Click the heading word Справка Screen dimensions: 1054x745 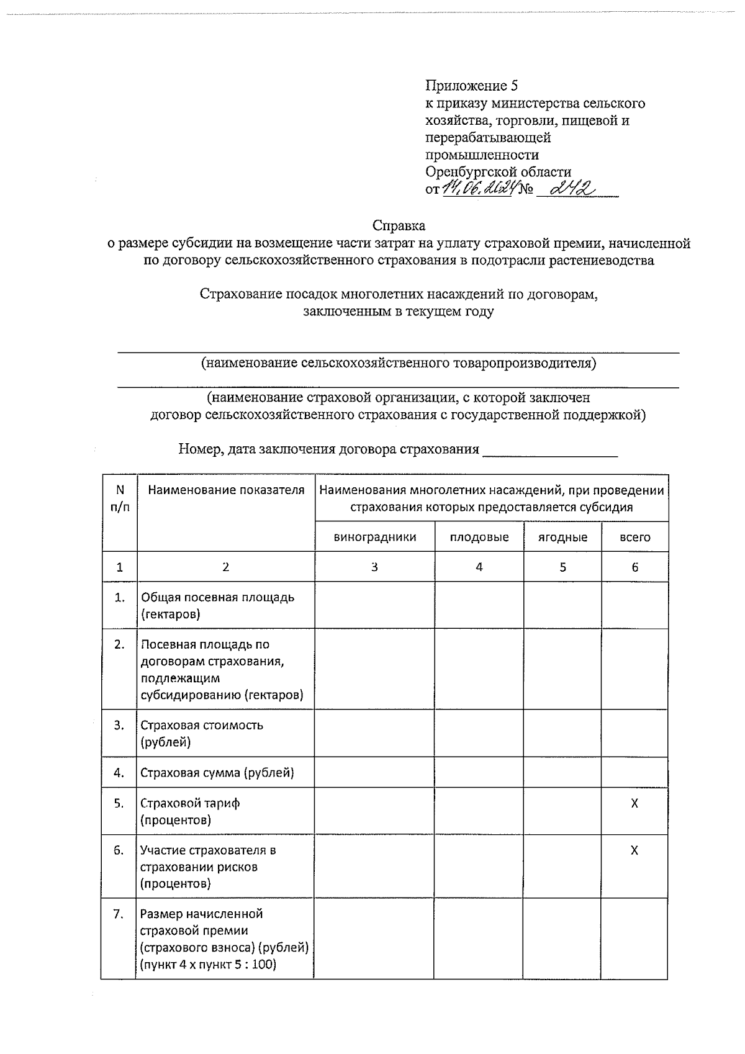399,225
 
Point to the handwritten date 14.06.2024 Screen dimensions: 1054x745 477,188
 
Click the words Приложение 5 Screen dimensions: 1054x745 472,86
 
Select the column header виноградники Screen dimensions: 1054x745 375,537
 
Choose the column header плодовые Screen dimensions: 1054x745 479,537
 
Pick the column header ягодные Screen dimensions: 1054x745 562,537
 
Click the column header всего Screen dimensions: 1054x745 634,537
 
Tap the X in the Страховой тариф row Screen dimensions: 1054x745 634,803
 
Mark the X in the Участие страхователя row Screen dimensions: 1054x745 634,850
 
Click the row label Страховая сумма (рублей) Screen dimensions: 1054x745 217,773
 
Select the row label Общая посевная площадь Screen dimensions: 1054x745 217,597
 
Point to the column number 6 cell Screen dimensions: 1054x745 634,567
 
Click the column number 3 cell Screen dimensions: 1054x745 375,567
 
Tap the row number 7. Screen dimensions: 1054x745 119,914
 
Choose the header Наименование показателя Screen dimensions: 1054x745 226,490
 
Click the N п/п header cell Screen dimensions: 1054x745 120,498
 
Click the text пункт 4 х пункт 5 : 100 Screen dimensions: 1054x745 209,965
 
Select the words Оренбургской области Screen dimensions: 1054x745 499,171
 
